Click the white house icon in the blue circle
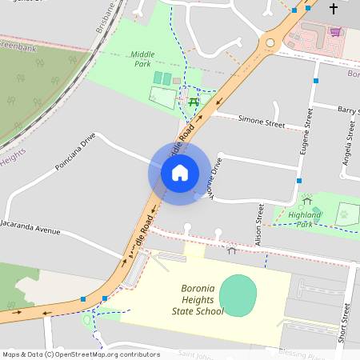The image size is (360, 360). (180, 172)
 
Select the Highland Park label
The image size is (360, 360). (293, 219)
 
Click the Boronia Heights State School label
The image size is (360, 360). (198, 300)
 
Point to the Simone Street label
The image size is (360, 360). (262, 122)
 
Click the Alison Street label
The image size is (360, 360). (259, 223)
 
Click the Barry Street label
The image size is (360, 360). (347, 110)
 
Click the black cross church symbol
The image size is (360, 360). (333, 9)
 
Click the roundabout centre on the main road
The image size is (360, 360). (270, 42)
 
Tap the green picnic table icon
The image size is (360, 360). (194, 102)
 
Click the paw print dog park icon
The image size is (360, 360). (343, 214)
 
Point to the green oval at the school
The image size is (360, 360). (235, 294)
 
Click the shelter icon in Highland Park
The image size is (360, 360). (306, 200)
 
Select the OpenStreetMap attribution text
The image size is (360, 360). (70, 354)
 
